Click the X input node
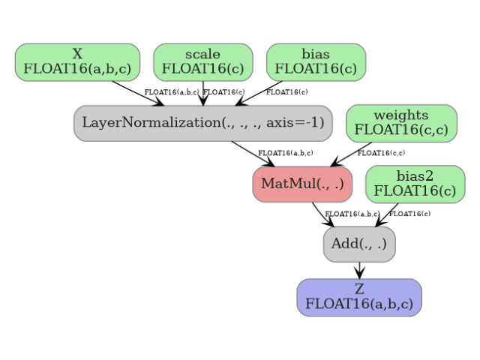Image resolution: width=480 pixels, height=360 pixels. tap(77, 62)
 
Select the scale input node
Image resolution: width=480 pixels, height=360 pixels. tap(202, 62)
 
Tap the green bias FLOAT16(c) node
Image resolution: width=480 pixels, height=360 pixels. tap(316, 62)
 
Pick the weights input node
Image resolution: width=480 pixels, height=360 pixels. tap(401, 123)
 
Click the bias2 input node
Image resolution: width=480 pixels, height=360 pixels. tap(415, 184)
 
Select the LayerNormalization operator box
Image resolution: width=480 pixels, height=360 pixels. tap(202, 123)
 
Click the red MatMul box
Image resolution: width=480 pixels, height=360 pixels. tap(302, 184)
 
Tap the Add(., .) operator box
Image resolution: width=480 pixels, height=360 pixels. tap(359, 244)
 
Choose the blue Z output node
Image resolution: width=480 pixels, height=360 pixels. tap(359, 298)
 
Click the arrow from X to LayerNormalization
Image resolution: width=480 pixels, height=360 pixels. tap(138, 93)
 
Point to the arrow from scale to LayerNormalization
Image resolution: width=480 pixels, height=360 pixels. tap(202, 93)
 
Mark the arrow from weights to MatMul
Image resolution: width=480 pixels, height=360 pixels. tap(351, 154)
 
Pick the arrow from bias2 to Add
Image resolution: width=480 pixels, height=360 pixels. tap(387, 214)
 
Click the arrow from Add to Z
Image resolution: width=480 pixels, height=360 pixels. tap(359, 270)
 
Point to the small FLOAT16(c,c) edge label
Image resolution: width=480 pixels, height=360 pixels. tap(381, 154)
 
